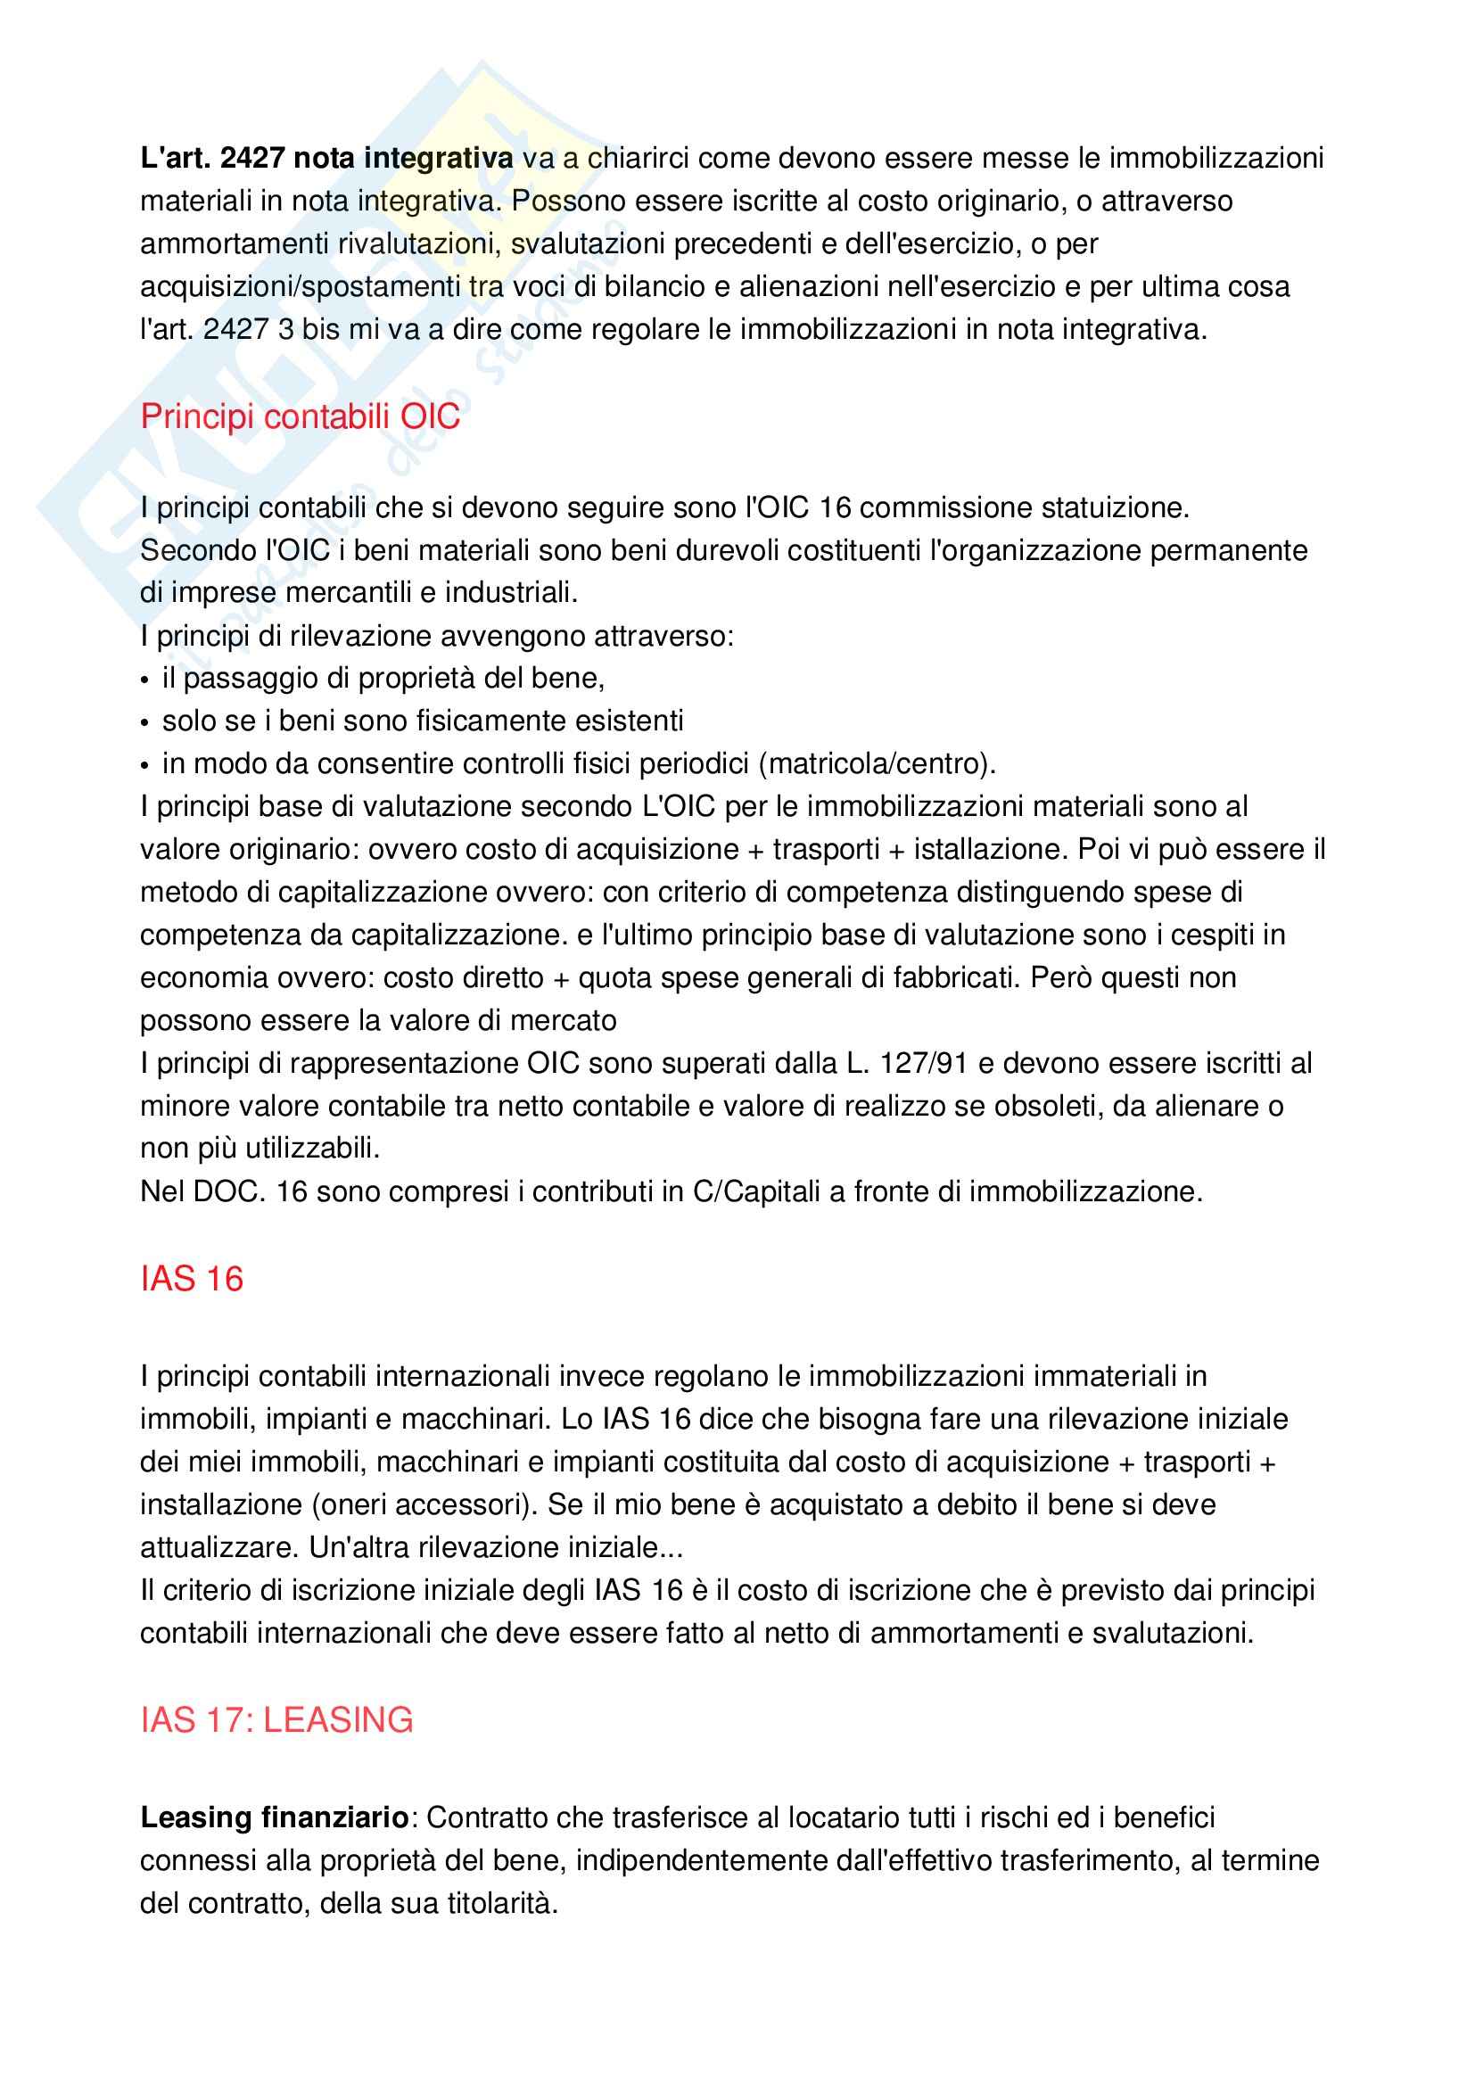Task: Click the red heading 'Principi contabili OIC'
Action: coord(300,416)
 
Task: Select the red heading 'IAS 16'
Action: coord(192,1280)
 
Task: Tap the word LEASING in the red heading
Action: coord(338,1720)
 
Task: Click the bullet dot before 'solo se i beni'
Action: coord(145,723)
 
